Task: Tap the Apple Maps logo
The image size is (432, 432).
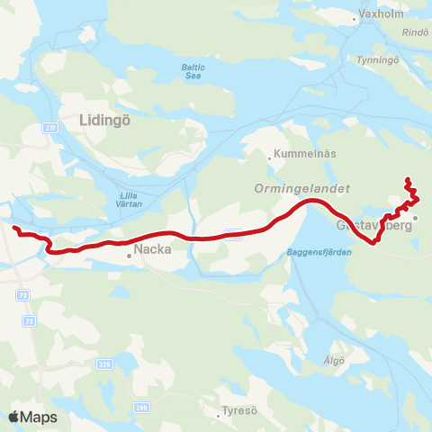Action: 32,417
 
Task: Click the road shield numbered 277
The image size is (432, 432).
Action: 49,129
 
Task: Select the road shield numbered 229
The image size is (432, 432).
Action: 104,364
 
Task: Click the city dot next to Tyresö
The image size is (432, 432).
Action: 219,416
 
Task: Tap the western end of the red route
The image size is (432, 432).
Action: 14,229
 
